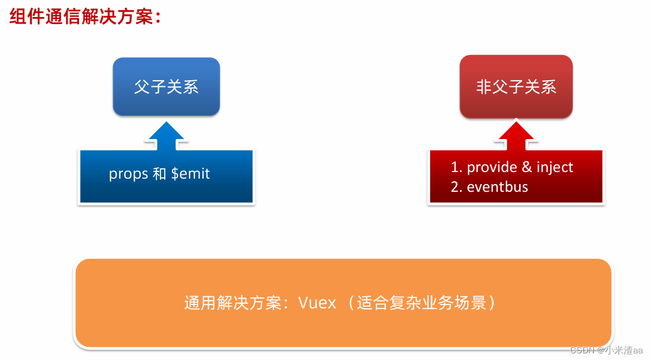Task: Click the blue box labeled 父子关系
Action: click(166, 87)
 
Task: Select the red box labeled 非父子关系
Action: click(516, 87)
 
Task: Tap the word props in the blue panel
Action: click(129, 174)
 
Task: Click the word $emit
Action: click(191, 174)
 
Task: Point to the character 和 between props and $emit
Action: click(159, 174)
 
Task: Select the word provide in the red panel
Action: click(492, 167)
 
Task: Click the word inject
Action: click(555, 167)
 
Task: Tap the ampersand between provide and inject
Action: click(527, 167)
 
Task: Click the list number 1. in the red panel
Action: click(456, 167)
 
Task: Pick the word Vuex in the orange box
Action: click(317, 303)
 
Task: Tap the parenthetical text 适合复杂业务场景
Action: click(422, 303)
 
